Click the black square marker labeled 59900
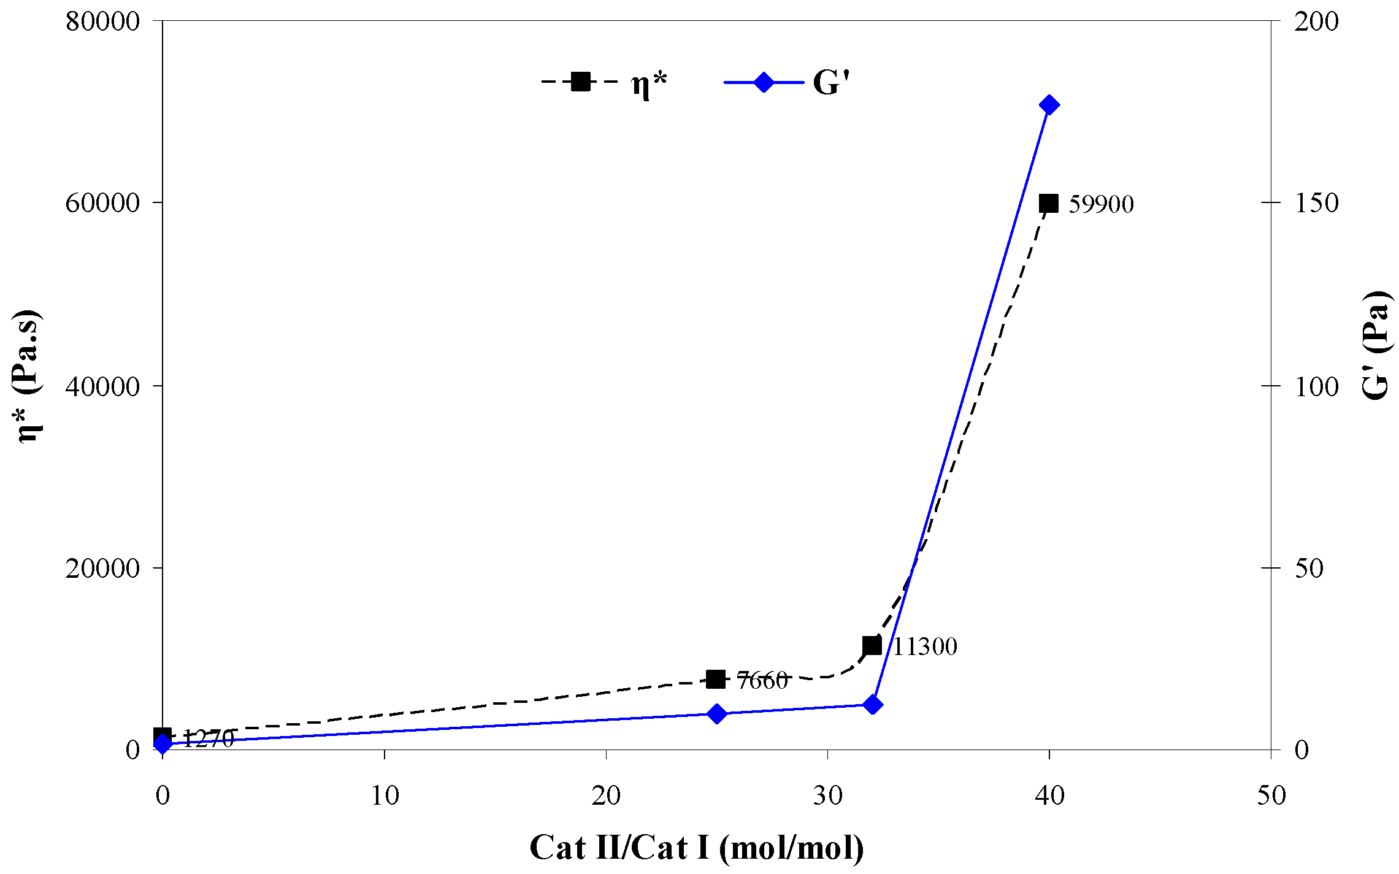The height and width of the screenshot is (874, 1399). [1049, 204]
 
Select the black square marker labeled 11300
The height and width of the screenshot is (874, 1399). [872, 646]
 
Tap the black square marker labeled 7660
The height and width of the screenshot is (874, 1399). [716, 680]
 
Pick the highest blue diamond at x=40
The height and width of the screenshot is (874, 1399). [1049, 105]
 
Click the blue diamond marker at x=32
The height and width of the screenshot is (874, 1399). [873, 705]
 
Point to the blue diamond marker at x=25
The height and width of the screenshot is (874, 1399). [716, 714]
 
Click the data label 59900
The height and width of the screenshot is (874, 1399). [1101, 204]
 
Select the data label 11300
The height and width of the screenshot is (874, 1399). [924, 647]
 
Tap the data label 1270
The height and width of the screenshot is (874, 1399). [209, 739]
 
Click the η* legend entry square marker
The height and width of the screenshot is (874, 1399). [580, 82]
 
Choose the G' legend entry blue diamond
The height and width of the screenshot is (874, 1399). [764, 82]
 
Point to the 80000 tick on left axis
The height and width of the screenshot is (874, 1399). [102, 21]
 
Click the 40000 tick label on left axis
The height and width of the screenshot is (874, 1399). [102, 386]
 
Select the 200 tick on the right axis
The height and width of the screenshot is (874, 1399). [1316, 21]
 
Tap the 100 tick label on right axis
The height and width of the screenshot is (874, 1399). [1316, 386]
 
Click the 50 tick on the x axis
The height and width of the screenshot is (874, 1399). [1271, 796]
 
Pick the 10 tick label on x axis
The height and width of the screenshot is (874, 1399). [385, 796]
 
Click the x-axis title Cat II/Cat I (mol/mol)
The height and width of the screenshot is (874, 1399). [697, 848]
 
